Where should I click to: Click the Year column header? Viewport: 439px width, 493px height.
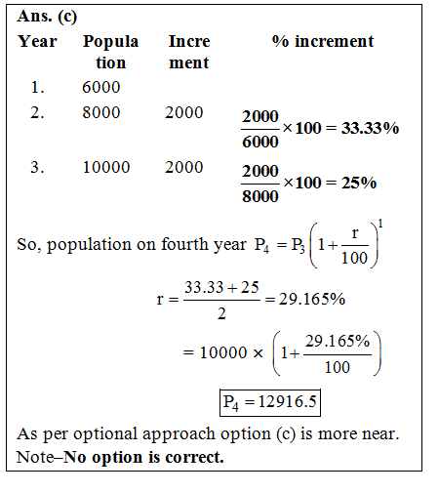tap(37, 42)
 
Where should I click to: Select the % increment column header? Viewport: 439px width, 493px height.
tap(322, 42)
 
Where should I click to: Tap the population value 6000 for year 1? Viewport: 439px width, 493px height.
tap(101, 88)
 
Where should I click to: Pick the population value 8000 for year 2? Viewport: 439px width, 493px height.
tap(101, 113)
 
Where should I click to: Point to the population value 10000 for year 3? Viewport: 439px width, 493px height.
tap(105, 168)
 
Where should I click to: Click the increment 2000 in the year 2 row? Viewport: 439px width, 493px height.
tap(183, 113)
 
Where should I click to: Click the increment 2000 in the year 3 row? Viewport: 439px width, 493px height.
tap(183, 168)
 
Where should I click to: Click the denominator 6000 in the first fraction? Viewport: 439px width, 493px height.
tap(260, 143)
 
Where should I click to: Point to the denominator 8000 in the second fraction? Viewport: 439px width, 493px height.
tap(260, 196)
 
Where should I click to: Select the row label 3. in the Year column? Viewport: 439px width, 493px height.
tap(37, 168)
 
